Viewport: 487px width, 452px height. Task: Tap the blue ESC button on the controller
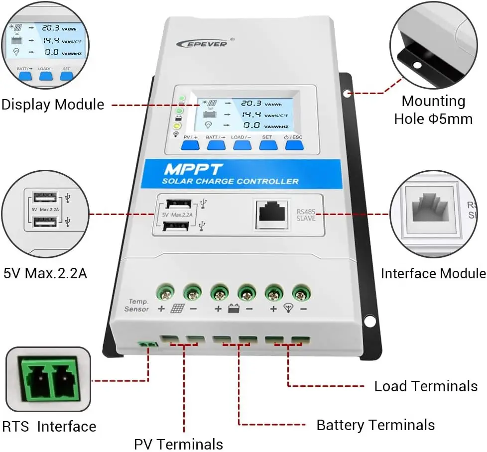pyautogui.click(x=294, y=144)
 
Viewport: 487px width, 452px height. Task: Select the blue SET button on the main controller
pyautogui.click(x=268, y=144)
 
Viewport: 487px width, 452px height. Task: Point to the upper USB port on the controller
pyautogui.click(x=177, y=204)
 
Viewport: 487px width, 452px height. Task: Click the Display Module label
pyautogui.click(x=53, y=105)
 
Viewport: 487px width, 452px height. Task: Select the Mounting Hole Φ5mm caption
pyautogui.click(x=433, y=110)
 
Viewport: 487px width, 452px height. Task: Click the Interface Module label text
pyautogui.click(x=433, y=273)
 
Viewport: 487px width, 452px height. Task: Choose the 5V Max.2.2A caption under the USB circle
pyautogui.click(x=45, y=273)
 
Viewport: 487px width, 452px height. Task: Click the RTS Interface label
pyautogui.click(x=49, y=427)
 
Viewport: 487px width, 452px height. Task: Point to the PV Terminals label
pyautogui.click(x=178, y=443)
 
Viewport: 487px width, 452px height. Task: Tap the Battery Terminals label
pyautogui.click(x=375, y=425)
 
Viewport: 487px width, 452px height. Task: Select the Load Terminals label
pyautogui.click(x=426, y=386)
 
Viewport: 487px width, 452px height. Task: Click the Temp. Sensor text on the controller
pyautogui.click(x=136, y=305)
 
